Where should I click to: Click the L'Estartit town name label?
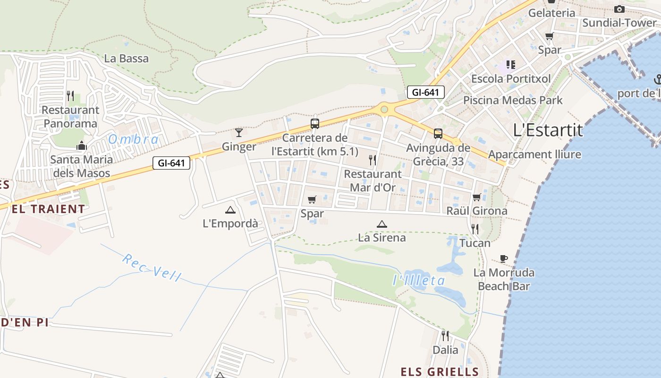pos(548,130)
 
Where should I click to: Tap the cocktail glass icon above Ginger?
pos(239,133)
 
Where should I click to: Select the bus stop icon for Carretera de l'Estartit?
pos(315,124)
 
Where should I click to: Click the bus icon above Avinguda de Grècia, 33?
pos(438,134)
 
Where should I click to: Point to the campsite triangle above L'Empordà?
pos(230,210)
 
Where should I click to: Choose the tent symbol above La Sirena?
pos(381,224)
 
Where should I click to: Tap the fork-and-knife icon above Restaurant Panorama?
pos(70,96)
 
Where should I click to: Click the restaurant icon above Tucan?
pos(475,229)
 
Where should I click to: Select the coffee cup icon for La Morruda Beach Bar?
pos(504,258)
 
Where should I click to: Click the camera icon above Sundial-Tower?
pos(619,9)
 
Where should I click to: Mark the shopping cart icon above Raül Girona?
pos(477,197)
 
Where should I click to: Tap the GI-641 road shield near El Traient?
pos(171,163)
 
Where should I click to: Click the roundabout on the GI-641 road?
pos(384,110)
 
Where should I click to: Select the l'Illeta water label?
pos(419,281)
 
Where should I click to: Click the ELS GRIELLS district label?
pos(440,371)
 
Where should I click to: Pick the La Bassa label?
pos(126,59)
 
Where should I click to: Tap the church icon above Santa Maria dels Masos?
pos(82,146)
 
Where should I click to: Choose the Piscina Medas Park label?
pos(513,100)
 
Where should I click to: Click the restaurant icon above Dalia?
pos(445,336)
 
